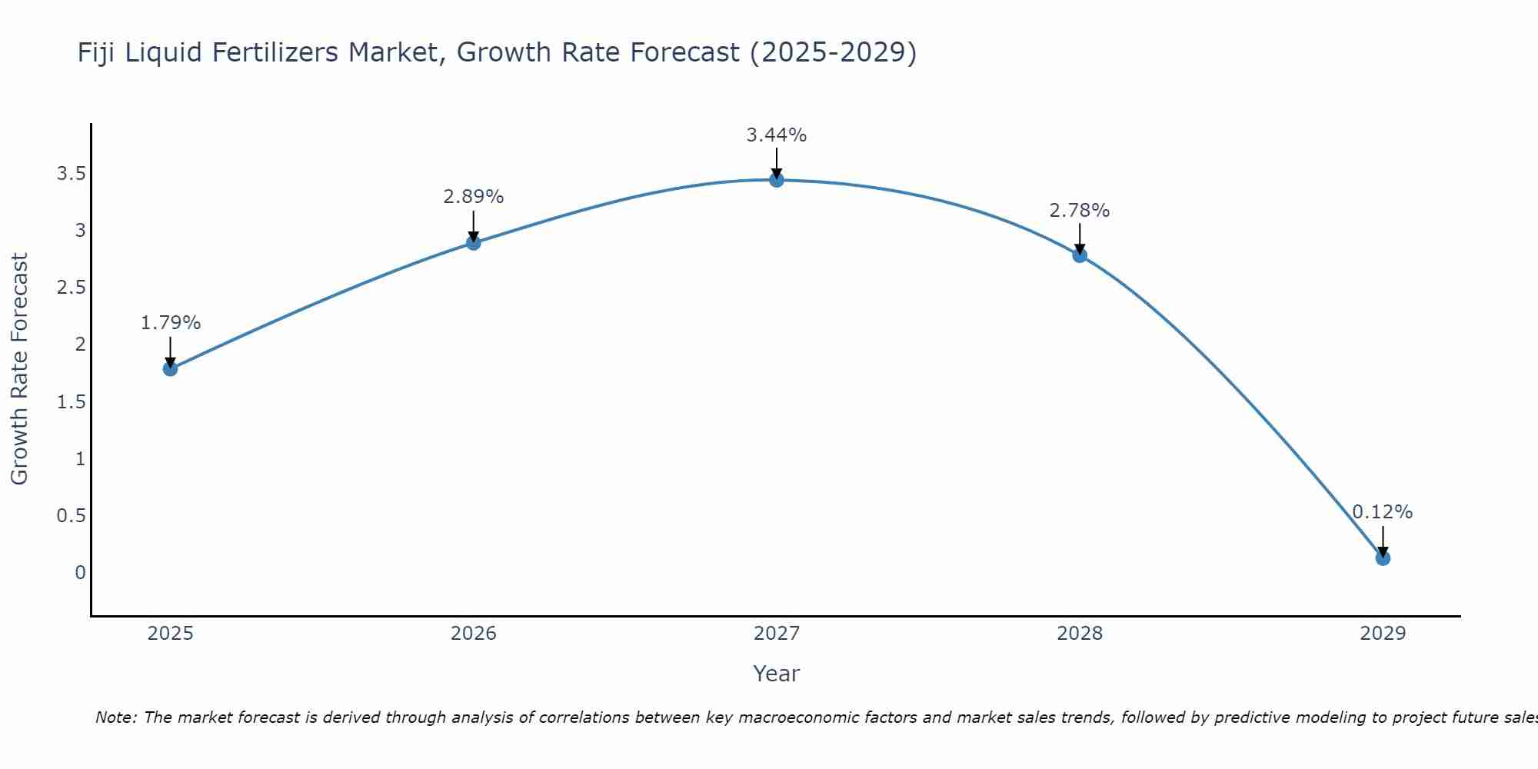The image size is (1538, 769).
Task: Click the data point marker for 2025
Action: coord(171,368)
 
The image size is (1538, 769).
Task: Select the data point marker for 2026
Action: coord(474,243)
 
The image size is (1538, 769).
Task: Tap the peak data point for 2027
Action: coord(777,180)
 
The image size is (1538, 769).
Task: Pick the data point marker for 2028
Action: coord(1080,255)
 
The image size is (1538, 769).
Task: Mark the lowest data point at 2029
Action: coord(1383,558)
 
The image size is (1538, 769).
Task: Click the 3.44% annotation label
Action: coord(777,135)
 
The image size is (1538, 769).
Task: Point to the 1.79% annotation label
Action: coord(171,323)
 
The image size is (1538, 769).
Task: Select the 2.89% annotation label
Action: coord(474,197)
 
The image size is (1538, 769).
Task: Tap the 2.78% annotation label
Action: coord(1080,211)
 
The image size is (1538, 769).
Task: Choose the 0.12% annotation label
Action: coord(1383,512)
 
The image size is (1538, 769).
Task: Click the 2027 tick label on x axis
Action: coord(777,634)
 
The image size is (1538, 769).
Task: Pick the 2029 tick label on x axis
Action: coord(1383,634)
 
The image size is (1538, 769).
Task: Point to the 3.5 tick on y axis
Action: coord(71,174)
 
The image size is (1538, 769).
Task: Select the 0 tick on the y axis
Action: coord(80,573)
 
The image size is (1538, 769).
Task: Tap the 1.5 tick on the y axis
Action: coord(71,402)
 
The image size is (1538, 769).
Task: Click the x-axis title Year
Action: coord(777,674)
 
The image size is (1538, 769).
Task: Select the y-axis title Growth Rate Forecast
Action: coord(20,369)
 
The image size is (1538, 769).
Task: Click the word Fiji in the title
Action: coord(97,52)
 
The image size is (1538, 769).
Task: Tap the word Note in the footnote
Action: coord(115,717)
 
